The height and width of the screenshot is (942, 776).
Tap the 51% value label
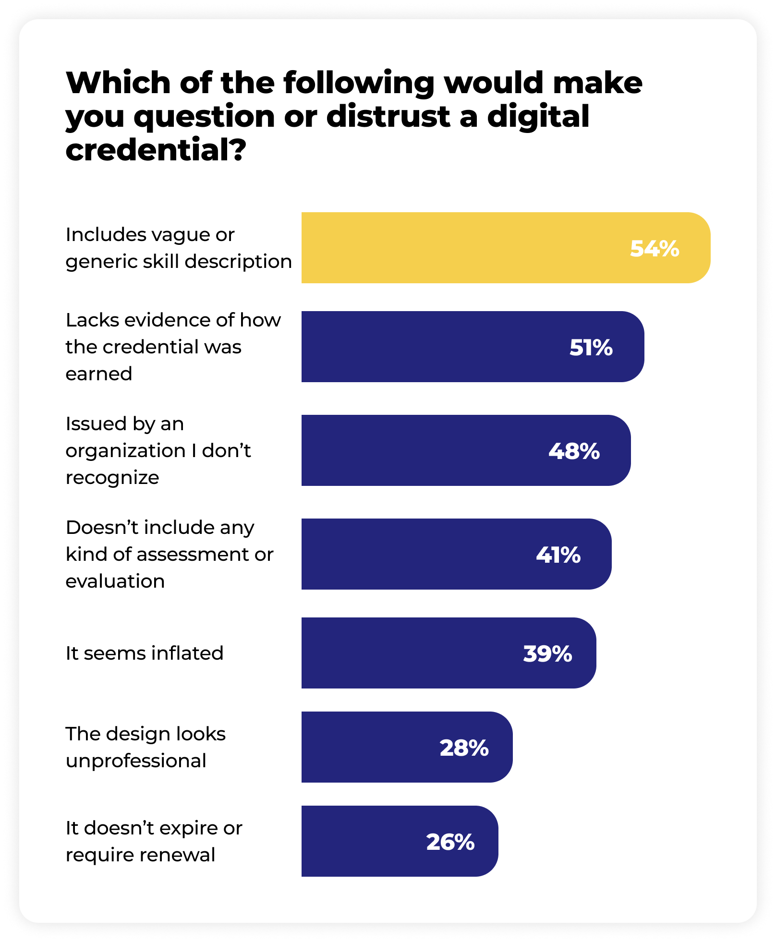pos(591,348)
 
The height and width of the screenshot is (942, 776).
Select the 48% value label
pos(574,451)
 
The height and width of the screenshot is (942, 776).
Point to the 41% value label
pos(558,555)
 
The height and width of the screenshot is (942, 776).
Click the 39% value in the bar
pos(547,654)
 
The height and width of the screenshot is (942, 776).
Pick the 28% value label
pos(464,748)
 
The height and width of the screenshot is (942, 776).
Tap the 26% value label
pos(450,842)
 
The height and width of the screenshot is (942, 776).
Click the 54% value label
pos(654,249)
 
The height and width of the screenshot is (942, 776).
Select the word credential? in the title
pos(156,150)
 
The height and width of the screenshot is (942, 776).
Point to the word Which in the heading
pos(118,83)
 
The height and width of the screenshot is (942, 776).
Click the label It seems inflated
pos(144,653)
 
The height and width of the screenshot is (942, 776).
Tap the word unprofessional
pos(136,761)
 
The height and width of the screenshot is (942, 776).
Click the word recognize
pos(112,478)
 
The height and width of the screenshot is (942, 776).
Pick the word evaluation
pos(115,581)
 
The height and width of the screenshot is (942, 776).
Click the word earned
pos(98,374)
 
